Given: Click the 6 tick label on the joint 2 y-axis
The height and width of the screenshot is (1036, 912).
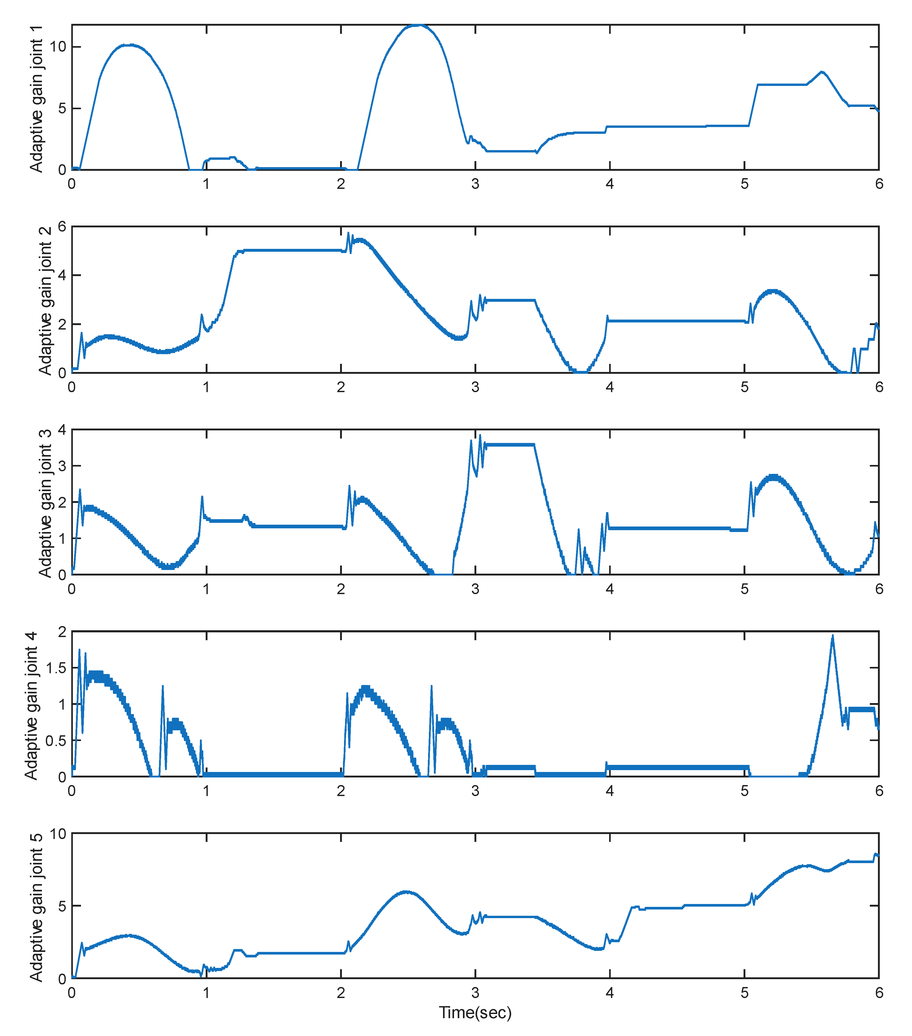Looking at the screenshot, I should pos(62,227).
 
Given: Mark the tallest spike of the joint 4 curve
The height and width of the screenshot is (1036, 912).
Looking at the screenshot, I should pos(832,635).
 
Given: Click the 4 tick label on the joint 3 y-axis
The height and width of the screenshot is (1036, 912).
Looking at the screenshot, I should pos(62,430).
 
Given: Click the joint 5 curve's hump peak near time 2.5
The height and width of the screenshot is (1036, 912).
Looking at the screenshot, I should pos(406,892).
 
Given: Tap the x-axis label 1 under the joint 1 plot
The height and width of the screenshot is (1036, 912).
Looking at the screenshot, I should pos(206,184).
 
